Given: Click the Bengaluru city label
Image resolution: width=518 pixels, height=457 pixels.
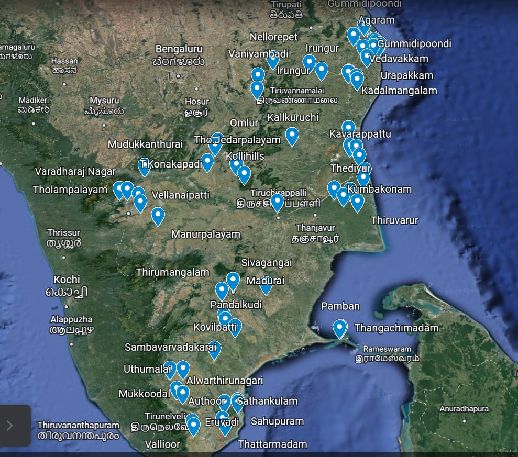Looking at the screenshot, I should pyautogui.click(x=179, y=49).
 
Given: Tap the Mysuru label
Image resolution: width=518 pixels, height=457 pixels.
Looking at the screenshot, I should pyautogui.click(x=104, y=101).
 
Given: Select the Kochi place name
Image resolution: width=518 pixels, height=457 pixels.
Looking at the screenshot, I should pyautogui.click(x=67, y=280).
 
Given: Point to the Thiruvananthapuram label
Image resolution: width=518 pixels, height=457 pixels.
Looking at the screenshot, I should pyautogui.click(x=78, y=425).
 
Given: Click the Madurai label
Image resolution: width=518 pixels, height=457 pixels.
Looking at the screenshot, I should pyautogui.click(x=265, y=281).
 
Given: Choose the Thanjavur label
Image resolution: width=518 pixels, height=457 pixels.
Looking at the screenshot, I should pyautogui.click(x=315, y=228).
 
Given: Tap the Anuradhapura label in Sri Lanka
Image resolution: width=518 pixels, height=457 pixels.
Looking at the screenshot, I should pyautogui.click(x=464, y=409).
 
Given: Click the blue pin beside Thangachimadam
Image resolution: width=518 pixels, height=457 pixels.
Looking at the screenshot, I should pyautogui.click(x=340, y=328).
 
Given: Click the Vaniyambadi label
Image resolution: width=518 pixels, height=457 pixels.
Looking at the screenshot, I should pyautogui.click(x=258, y=54).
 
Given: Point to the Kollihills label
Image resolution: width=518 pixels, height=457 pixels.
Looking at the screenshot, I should pyautogui.click(x=245, y=156).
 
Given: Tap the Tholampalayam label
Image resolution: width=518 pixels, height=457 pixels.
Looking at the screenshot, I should pyautogui.click(x=70, y=190).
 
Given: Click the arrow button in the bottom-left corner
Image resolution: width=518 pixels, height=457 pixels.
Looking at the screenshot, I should pyautogui.click(x=9, y=425).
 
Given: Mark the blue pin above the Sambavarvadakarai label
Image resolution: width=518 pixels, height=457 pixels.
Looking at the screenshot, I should pyautogui.click(x=214, y=349).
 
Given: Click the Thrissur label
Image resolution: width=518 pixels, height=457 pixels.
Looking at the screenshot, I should pyautogui.click(x=63, y=232).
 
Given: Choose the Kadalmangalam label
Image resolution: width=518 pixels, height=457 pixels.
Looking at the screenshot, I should pyautogui.click(x=399, y=91).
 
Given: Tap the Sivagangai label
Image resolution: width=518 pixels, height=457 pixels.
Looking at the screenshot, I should pyautogui.click(x=267, y=262).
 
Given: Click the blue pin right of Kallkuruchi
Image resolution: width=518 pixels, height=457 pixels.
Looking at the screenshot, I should pyautogui.click(x=292, y=136).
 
